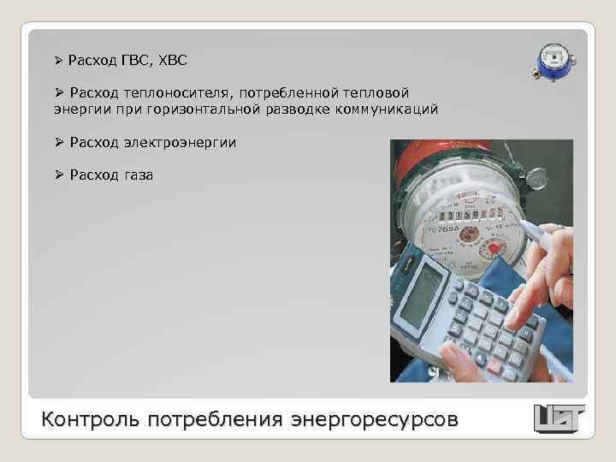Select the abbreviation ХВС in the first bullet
point(171,61)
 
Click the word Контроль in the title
point(91,420)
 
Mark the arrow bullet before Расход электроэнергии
point(60,142)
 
